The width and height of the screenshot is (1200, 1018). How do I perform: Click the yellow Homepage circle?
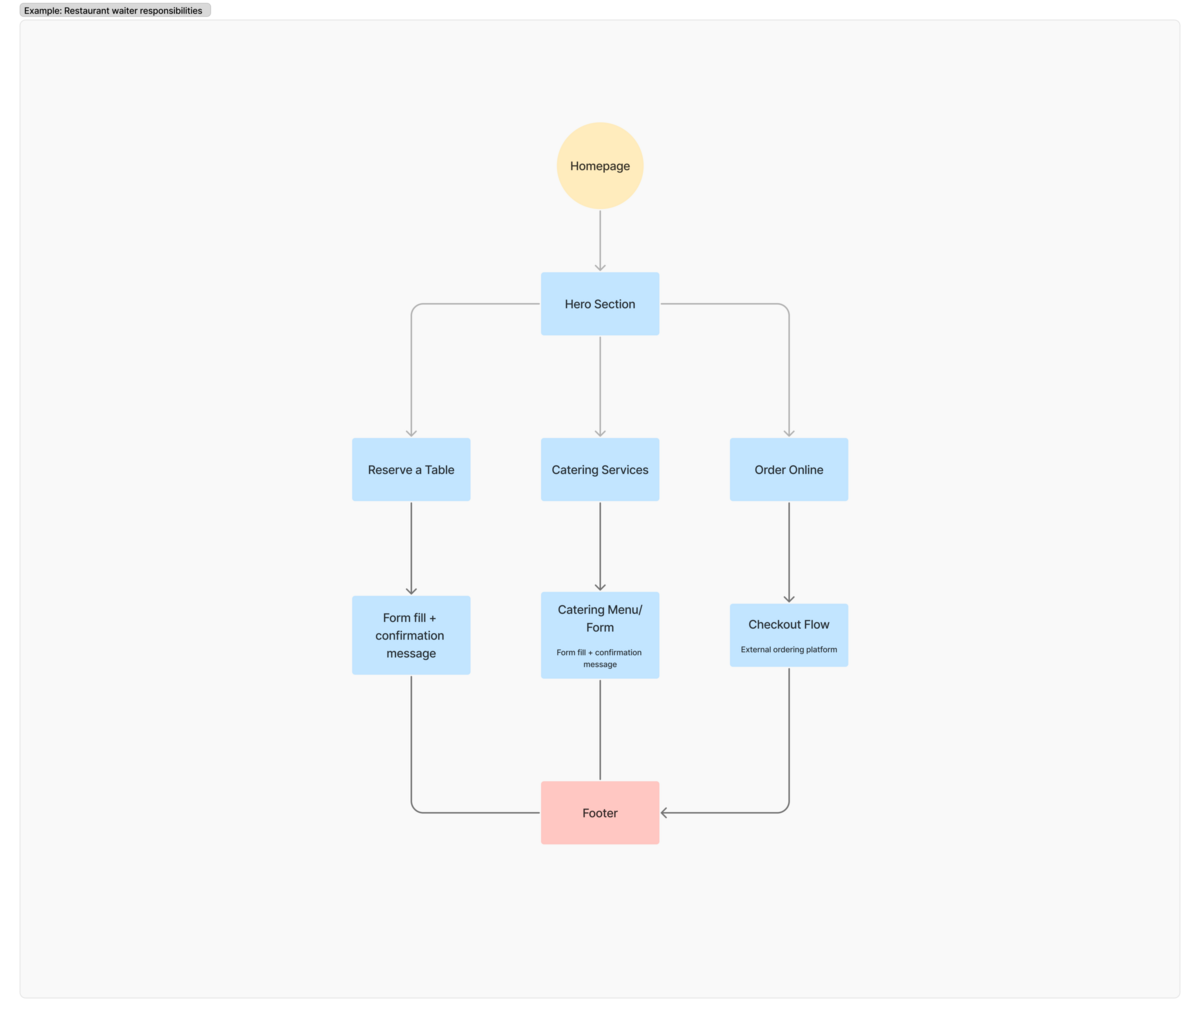(600, 166)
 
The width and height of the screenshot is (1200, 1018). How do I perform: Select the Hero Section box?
(600, 304)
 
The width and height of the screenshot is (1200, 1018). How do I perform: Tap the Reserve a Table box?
(411, 469)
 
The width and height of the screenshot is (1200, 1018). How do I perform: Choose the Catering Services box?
(600, 469)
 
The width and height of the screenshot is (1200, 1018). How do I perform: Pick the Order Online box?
(788, 469)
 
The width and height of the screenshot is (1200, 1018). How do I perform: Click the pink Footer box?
(600, 812)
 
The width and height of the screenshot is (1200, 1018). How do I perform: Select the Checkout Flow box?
(788, 635)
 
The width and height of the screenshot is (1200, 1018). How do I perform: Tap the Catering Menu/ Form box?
(600, 635)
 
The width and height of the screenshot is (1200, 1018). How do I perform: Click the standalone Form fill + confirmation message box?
(411, 635)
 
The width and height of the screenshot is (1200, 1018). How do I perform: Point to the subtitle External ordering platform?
(788, 649)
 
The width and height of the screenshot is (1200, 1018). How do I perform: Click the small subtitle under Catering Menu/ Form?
(599, 658)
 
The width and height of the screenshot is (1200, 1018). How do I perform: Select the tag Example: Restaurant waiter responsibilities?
(115, 10)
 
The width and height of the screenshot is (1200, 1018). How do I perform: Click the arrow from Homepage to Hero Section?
(600, 240)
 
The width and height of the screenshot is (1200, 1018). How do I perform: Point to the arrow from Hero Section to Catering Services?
(600, 387)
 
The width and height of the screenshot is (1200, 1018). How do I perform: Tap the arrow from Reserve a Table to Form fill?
(411, 548)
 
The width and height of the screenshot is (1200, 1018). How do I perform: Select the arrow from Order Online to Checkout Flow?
(788, 552)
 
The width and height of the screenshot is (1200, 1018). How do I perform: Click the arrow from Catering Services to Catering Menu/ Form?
(600, 546)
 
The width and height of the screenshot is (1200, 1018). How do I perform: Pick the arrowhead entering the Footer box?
(664, 812)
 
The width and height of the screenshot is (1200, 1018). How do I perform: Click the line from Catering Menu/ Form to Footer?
(600, 729)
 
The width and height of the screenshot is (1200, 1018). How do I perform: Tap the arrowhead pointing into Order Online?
(788, 433)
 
